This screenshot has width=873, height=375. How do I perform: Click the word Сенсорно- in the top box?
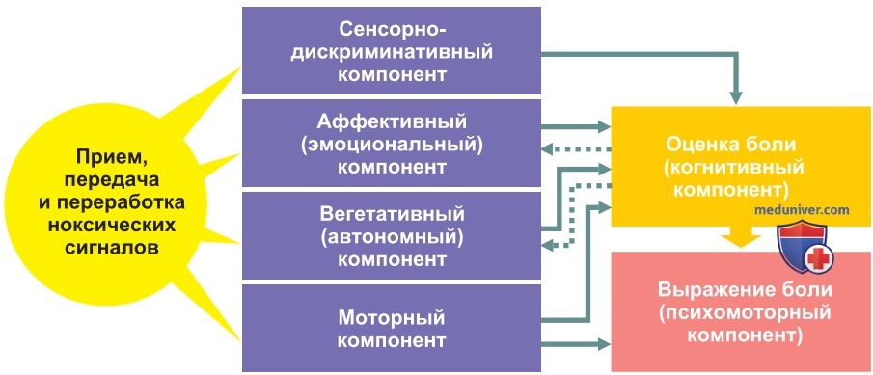392,30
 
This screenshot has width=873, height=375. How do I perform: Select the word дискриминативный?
392,52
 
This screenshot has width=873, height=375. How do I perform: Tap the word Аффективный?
392,121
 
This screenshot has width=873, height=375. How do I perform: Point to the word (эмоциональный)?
392,144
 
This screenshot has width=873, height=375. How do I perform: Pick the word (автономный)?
392,236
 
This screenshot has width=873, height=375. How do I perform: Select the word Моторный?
392,318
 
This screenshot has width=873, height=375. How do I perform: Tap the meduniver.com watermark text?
802,210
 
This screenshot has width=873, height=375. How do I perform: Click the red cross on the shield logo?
818,258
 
